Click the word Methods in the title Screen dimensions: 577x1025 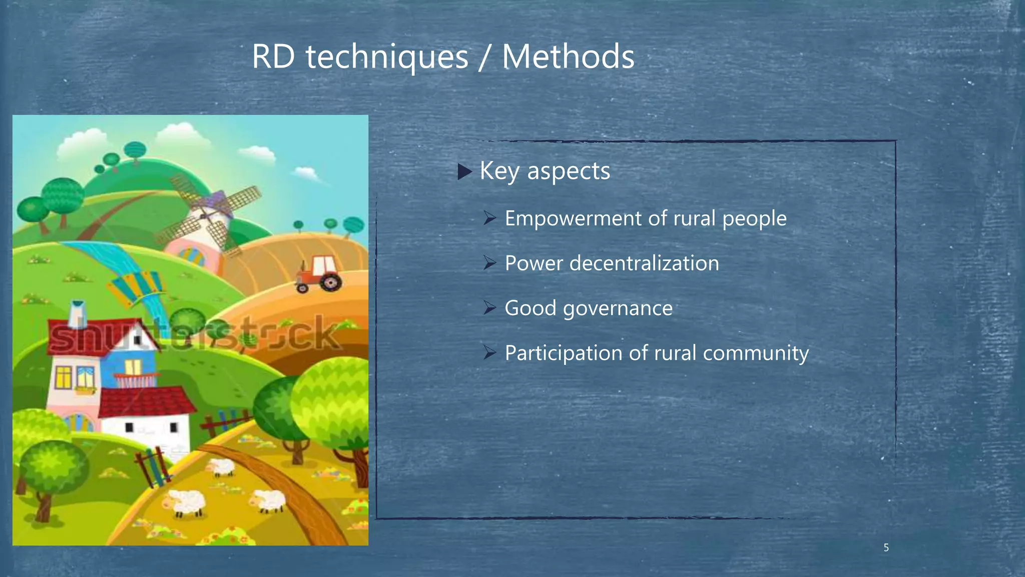568,56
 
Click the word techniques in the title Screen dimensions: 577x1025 387,57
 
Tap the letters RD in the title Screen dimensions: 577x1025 273,56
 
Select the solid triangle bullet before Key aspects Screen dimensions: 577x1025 465,172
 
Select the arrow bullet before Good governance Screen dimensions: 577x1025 489,308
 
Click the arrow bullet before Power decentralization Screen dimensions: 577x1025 489,262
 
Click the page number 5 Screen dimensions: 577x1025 886,548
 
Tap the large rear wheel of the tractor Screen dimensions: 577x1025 331,282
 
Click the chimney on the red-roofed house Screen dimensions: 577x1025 78,314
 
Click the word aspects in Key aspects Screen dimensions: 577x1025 569,171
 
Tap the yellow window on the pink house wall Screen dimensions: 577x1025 63,377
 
